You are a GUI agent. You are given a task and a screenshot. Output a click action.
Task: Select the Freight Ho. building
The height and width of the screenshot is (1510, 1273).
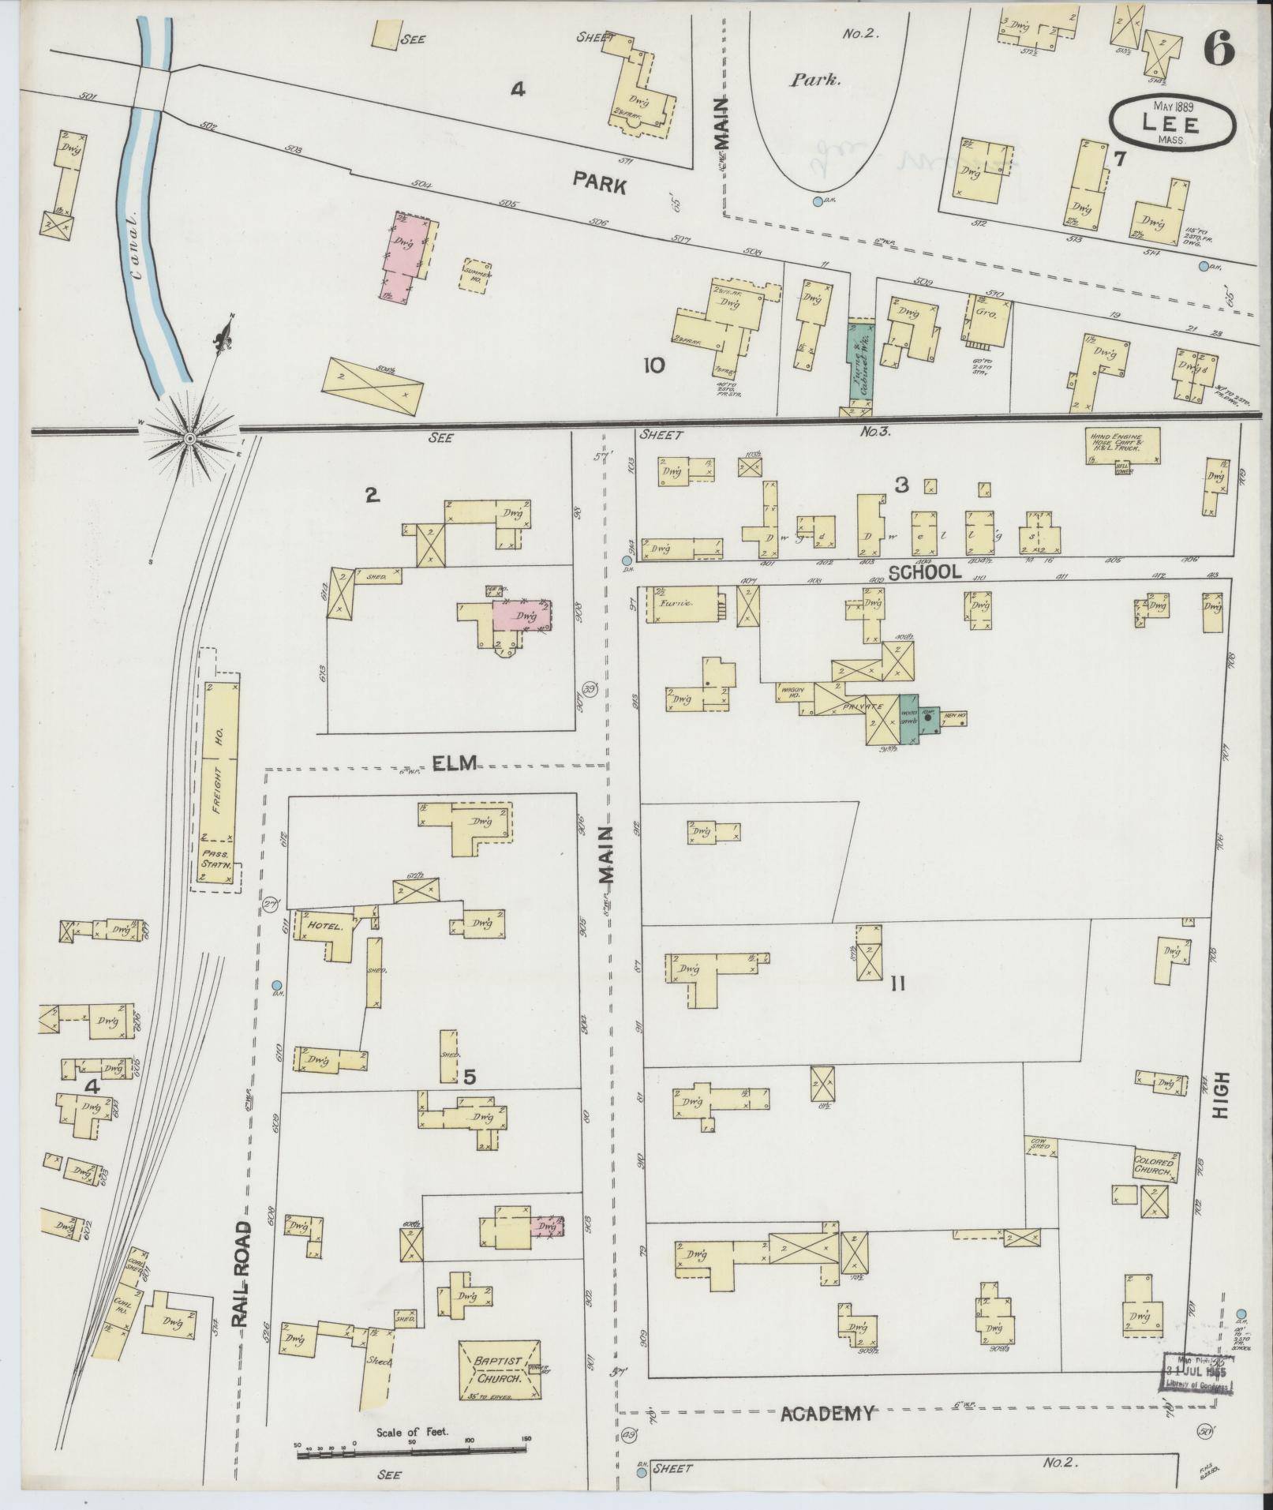221,759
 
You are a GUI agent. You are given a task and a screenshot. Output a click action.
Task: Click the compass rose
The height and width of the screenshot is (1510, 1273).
190,437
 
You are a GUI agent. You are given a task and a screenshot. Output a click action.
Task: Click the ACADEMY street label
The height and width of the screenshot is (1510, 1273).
826,1414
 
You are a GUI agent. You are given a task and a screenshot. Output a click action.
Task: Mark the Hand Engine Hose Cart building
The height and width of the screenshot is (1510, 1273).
1122,446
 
